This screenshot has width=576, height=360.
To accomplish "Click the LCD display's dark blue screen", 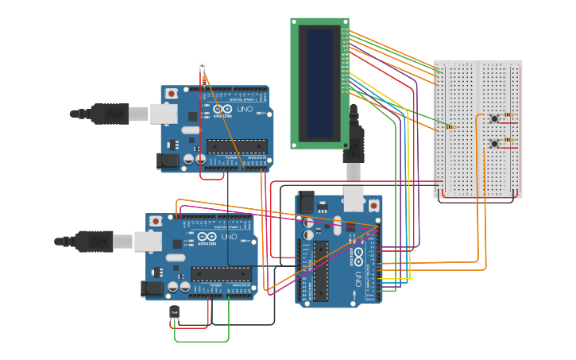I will click(x=319, y=83).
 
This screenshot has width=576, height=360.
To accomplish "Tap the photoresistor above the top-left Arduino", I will click(x=202, y=66).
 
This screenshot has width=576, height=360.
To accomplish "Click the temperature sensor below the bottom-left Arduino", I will click(x=175, y=313).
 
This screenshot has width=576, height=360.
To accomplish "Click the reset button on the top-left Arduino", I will click(x=172, y=94).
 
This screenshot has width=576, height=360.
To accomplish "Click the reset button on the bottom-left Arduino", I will click(x=156, y=221).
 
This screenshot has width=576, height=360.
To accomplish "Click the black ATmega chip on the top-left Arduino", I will click(x=237, y=145).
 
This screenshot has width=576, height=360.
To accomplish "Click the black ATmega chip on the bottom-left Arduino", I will click(x=221, y=273).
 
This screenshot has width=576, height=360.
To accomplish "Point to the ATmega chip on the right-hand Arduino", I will click(x=321, y=270).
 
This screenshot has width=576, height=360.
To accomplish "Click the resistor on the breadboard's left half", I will click(x=450, y=126).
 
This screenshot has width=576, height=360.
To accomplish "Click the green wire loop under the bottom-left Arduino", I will click(x=202, y=341).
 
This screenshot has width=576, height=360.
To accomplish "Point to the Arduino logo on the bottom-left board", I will click(x=209, y=237).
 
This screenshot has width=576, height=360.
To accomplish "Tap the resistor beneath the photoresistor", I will click(x=204, y=80).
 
